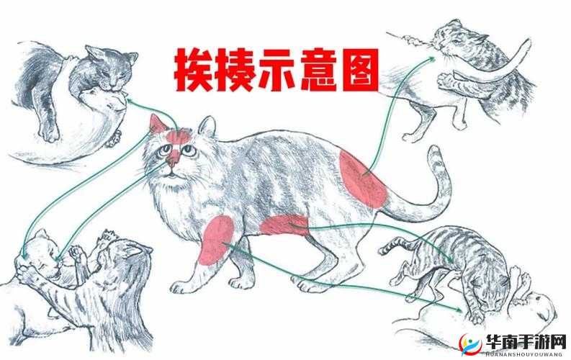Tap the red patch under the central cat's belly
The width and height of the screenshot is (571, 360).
[x=284, y=225]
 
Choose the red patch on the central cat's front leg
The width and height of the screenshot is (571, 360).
[x=217, y=239]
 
